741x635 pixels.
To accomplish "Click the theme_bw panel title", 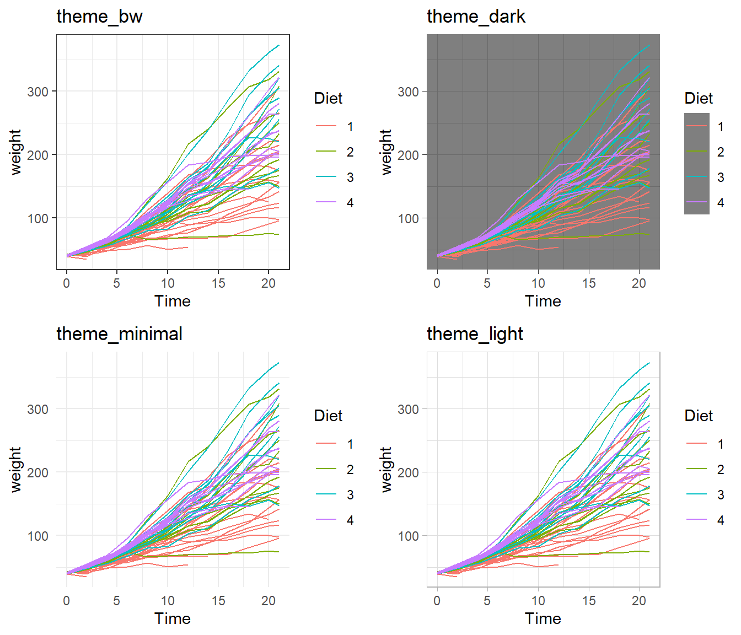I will click(99, 17).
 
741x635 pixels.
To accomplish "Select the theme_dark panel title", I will click(476, 17).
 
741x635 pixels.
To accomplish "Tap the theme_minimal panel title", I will click(119, 334).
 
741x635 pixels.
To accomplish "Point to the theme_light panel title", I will click(475, 334).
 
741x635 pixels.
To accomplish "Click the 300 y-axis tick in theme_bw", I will click(38, 92).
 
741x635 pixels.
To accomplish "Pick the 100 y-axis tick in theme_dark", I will click(409, 218).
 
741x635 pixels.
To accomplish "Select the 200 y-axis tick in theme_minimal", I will click(38, 472).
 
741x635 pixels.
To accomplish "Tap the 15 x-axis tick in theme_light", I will click(589, 601).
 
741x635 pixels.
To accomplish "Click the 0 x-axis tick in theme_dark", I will click(437, 283).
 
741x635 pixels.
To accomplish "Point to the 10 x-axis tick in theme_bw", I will click(168, 283).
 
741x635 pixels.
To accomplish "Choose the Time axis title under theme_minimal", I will click(173, 618).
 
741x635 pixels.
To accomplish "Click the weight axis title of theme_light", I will click(386, 469).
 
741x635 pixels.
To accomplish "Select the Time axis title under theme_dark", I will click(543, 301).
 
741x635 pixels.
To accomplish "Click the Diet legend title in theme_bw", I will click(328, 98).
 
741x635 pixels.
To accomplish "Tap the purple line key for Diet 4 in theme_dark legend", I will click(697, 202).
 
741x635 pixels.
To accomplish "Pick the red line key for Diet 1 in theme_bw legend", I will click(326, 126).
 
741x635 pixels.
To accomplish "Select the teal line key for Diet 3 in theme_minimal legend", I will click(326, 494).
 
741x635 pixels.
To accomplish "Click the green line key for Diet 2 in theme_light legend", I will click(697, 469).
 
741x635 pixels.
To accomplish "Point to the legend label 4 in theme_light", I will click(721, 520).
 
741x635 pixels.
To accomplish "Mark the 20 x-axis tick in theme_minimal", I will click(269, 601).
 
